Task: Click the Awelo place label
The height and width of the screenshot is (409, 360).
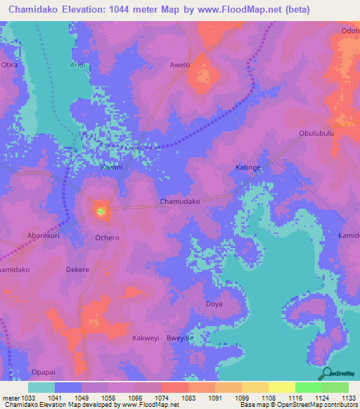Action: click(180, 65)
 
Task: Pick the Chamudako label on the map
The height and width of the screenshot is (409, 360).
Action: click(181, 201)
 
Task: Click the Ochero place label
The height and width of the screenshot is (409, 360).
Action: click(107, 238)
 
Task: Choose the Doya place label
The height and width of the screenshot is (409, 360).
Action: click(213, 304)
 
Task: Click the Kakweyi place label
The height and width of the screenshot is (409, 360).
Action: click(146, 338)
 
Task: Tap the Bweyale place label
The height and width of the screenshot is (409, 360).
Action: click(180, 338)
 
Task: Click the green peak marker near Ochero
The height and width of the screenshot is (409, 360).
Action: click(100, 209)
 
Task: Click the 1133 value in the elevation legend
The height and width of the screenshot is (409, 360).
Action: click(349, 398)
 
